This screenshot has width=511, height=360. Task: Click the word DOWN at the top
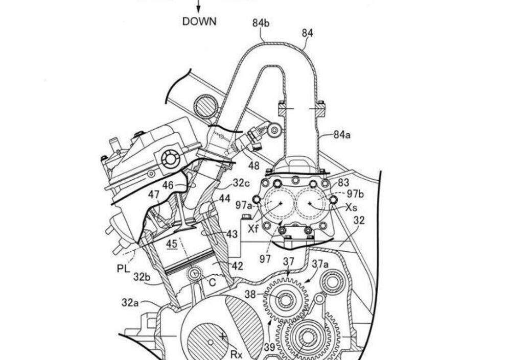pyautogui.click(x=199, y=21)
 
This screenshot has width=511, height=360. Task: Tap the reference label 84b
pyautogui.click(x=261, y=23)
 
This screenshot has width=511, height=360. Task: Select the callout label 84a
pyautogui.click(x=342, y=134)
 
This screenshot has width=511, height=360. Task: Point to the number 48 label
pyautogui.click(x=254, y=166)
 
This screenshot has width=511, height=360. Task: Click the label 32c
pyautogui.click(x=241, y=183)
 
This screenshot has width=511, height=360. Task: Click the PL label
pyautogui.click(x=124, y=269)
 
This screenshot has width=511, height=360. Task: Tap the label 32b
pyautogui.click(x=142, y=277)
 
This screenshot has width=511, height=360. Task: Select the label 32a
pyautogui.click(x=130, y=303)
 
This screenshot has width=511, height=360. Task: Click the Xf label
pyautogui.click(x=253, y=229)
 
